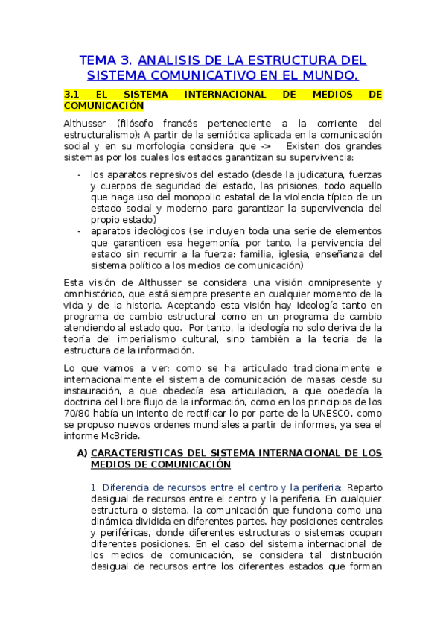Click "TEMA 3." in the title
coord(106,61)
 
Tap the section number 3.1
coord(72,95)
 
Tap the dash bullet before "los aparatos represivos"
coord(80,174)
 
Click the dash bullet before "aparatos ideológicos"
coord(80,231)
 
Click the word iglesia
coord(292,254)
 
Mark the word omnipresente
coord(329,282)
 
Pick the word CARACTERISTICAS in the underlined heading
coord(141,452)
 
